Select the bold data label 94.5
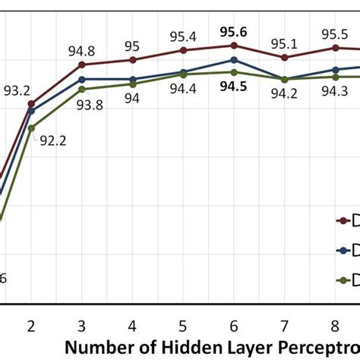coord(232,87)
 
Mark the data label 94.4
coord(182,90)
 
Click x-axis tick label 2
coord(31,327)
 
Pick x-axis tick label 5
coord(182,327)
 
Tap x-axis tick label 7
coord(284,327)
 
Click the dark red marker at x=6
coord(233,46)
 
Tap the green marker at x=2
coord(31,128)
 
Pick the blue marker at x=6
coord(233,59)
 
